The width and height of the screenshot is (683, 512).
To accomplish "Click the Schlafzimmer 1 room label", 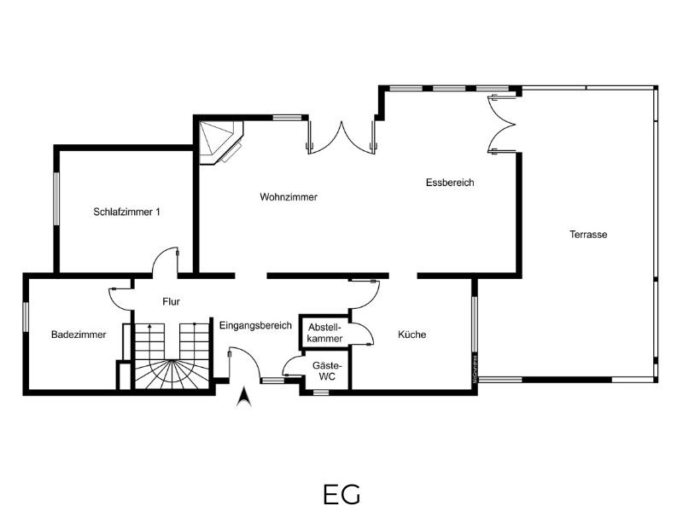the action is [x=126, y=212].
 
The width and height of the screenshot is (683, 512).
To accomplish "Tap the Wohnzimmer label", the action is [x=289, y=197].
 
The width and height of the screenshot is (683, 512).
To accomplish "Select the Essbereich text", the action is [x=450, y=183].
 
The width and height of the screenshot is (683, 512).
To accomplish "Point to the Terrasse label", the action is [x=588, y=234].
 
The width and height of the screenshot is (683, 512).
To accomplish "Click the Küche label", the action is [x=412, y=335].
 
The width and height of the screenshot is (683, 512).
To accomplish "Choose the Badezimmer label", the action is [x=79, y=335].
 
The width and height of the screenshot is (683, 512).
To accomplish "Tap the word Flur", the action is [x=171, y=301].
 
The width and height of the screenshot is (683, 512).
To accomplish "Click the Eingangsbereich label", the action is [x=255, y=326].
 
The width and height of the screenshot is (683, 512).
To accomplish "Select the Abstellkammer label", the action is [x=324, y=333].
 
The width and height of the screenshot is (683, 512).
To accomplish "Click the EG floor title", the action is [x=342, y=495].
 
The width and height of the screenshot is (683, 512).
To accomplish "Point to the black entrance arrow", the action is [x=244, y=396].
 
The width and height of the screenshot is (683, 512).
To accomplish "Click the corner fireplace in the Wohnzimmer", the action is [x=221, y=143].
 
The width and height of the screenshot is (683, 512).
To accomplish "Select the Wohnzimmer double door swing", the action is [x=341, y=137].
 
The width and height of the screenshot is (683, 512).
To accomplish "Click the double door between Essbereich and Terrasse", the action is [x=502, y=124].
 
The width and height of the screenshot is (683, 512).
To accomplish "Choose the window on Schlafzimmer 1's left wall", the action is [x=56, y=199].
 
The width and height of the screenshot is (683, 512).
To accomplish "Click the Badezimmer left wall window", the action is [x=26, y=317].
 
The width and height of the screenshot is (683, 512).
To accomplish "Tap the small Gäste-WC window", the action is [x=321, y=393].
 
